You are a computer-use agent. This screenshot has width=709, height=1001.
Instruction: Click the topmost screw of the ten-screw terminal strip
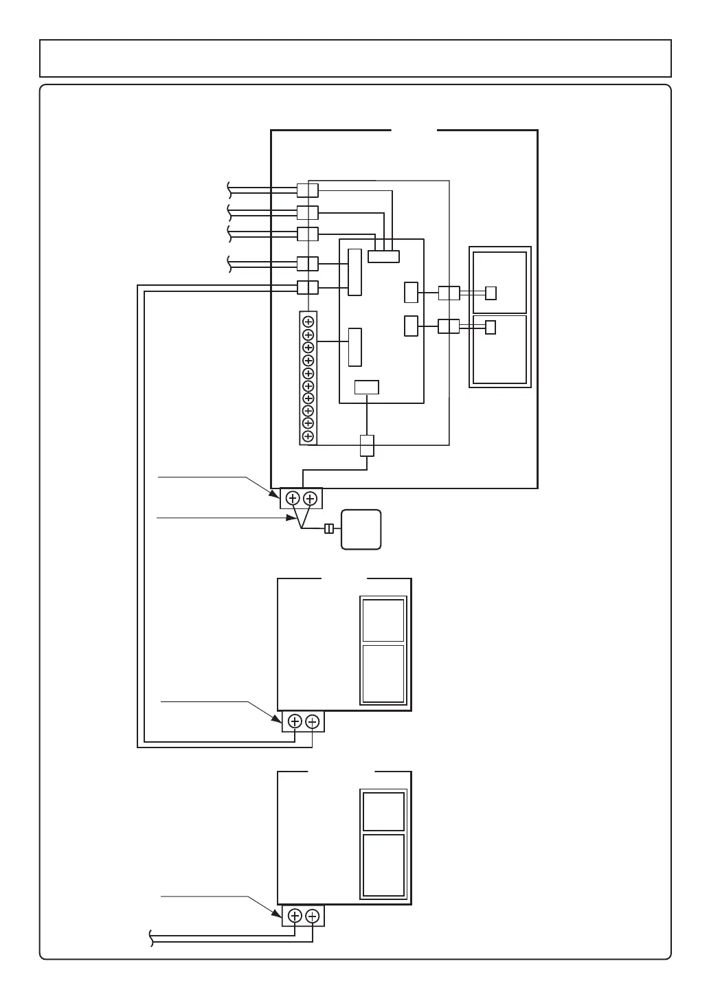point(308,322)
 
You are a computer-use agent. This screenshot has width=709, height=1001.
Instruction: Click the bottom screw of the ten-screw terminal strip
point(308,436)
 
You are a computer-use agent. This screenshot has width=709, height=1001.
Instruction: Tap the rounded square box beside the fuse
point(361,529)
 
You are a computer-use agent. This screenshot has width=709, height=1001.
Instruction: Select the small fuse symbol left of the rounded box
point(329,528)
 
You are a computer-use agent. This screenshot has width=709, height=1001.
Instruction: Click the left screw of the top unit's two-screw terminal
point(293,498)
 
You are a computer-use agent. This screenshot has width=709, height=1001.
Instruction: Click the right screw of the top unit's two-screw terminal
point(310,498)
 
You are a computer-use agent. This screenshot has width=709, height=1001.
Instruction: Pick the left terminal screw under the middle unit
point(295,721)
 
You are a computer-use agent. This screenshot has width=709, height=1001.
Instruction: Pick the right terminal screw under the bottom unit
point(312,915)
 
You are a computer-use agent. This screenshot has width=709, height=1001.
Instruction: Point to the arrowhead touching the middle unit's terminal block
point(278,717)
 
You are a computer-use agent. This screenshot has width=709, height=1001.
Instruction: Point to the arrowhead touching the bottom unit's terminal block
point(278,912)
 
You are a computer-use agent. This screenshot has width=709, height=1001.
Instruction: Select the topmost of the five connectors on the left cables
point(307,190)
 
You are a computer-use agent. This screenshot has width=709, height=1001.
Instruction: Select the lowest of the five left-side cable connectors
point(307,287)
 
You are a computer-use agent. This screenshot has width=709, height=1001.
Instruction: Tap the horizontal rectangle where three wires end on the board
point(383,256)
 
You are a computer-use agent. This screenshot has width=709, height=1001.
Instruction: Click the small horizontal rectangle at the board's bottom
point(366,387)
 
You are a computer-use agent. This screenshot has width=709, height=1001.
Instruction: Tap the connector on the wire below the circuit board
point(368,445)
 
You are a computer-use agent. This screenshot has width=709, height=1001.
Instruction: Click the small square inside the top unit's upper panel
point(491,293)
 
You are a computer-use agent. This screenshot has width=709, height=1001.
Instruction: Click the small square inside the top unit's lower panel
point(491,327)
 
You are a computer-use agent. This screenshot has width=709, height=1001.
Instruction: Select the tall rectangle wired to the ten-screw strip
point(354,347)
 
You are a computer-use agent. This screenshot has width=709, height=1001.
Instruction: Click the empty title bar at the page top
point(355,58)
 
